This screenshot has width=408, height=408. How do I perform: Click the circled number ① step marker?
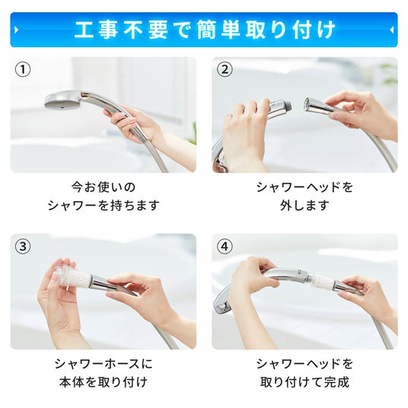(23, 69)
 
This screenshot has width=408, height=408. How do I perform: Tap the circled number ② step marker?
(225, 69)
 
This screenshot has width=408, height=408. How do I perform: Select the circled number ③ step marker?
(23, 246)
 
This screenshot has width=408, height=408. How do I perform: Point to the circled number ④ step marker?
(225, 246)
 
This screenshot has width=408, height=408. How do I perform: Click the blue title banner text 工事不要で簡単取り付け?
(205, 30)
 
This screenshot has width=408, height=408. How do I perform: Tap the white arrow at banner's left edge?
(17, 30)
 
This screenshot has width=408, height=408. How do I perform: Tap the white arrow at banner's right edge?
(391, 30)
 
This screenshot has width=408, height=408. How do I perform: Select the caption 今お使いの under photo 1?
(104, 187)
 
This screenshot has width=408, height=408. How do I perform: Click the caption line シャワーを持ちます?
(104, 206)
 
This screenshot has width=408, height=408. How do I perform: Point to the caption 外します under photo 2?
(304, 206)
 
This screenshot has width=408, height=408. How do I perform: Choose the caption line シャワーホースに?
(104, 364)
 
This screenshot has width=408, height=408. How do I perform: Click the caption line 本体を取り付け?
(104, 382)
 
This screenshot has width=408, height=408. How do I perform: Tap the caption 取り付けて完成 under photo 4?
(304, 382)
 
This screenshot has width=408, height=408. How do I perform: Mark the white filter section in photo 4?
(322, 281)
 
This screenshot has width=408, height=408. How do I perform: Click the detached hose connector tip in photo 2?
(309, 104)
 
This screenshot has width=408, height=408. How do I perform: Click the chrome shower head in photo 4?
(222, 303)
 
